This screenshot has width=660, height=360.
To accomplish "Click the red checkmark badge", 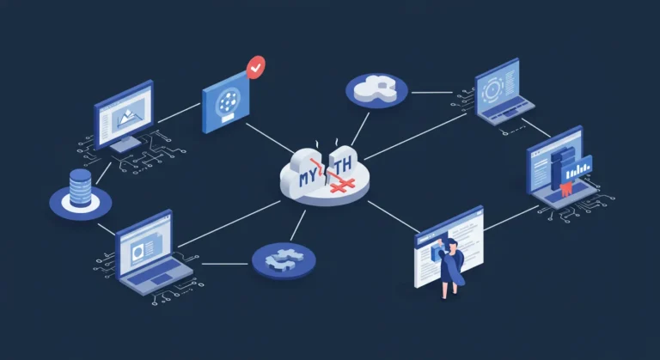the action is tap(256, 67).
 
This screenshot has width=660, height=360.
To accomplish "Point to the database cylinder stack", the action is tap(80, 187).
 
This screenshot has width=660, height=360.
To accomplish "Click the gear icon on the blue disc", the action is tap(284, 259).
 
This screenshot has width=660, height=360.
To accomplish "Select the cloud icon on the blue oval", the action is tap(375, 88).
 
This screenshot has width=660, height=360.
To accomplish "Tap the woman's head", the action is tap(451, 244).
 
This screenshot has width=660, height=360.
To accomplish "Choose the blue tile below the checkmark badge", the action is tap(226, 102).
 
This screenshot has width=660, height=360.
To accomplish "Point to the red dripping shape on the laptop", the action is tap(565, 191).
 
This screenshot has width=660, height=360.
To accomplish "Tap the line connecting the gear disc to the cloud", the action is tap(298, 225).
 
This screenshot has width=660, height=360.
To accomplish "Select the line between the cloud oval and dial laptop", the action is tap(432, 92).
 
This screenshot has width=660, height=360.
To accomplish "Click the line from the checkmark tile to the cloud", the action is tap(270, 138).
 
